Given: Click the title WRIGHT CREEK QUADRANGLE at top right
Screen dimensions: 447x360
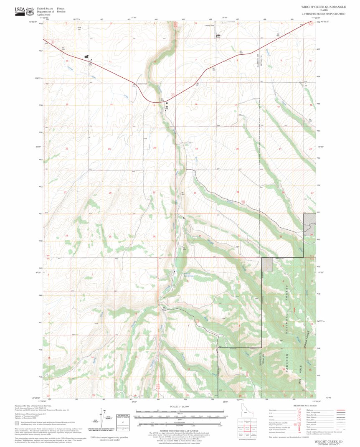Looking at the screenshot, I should pos(323,7).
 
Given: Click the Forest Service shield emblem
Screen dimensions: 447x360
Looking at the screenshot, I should pos(30,10).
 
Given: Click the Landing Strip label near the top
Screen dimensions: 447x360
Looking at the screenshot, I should pos(209,25).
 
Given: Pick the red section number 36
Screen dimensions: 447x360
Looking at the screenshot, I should pos(154,236).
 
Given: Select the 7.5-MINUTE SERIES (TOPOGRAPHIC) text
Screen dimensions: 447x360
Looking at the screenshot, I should pos(323,14).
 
